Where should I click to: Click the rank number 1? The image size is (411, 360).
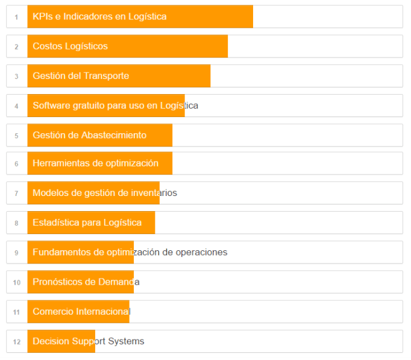click(x=17, y=17)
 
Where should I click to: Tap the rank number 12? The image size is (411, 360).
click(x=17, y=342)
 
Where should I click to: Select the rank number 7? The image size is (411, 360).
click(x=17, y=194)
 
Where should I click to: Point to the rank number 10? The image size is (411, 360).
click(x=17, y=282)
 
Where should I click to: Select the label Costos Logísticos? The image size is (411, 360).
click(x=70, y=46)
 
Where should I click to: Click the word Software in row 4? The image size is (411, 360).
click(x=51, y=105)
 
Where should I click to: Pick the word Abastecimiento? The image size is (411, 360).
click(x=114, y=135)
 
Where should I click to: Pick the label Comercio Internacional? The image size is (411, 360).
click(x=81, y=311)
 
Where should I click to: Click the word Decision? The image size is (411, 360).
click(x=51, y=341)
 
